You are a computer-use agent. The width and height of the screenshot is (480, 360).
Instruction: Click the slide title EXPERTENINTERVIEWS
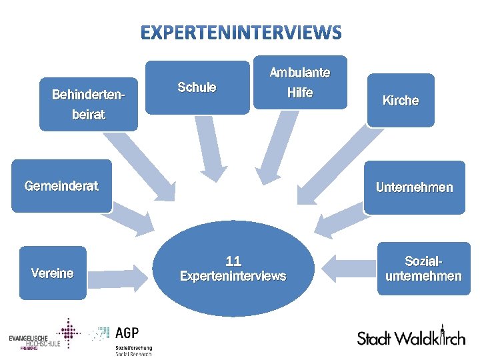pyautogui.click(x=241, y=32)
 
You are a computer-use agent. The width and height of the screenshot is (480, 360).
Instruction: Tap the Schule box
pyautogui.click(x=197, y=87)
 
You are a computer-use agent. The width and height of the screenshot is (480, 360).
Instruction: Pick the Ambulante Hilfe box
pyautogui.click(x=300, y=83)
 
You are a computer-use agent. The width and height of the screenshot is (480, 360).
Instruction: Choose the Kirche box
pyautogui.click(x=401, y=101)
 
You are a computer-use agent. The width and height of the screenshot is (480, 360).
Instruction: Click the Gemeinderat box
pyautogui.click(x=61, y=187)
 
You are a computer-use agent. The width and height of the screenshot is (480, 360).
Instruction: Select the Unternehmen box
pyautogui.click(x=414, y=187)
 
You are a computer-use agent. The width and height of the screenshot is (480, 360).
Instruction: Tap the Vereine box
pyautogui.click(x=53, y=273)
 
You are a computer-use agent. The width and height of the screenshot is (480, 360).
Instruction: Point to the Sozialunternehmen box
pyautogui.click(x=423, y=269)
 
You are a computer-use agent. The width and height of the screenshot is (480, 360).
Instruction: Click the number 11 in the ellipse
pyautogui.click(x=233, y=261)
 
